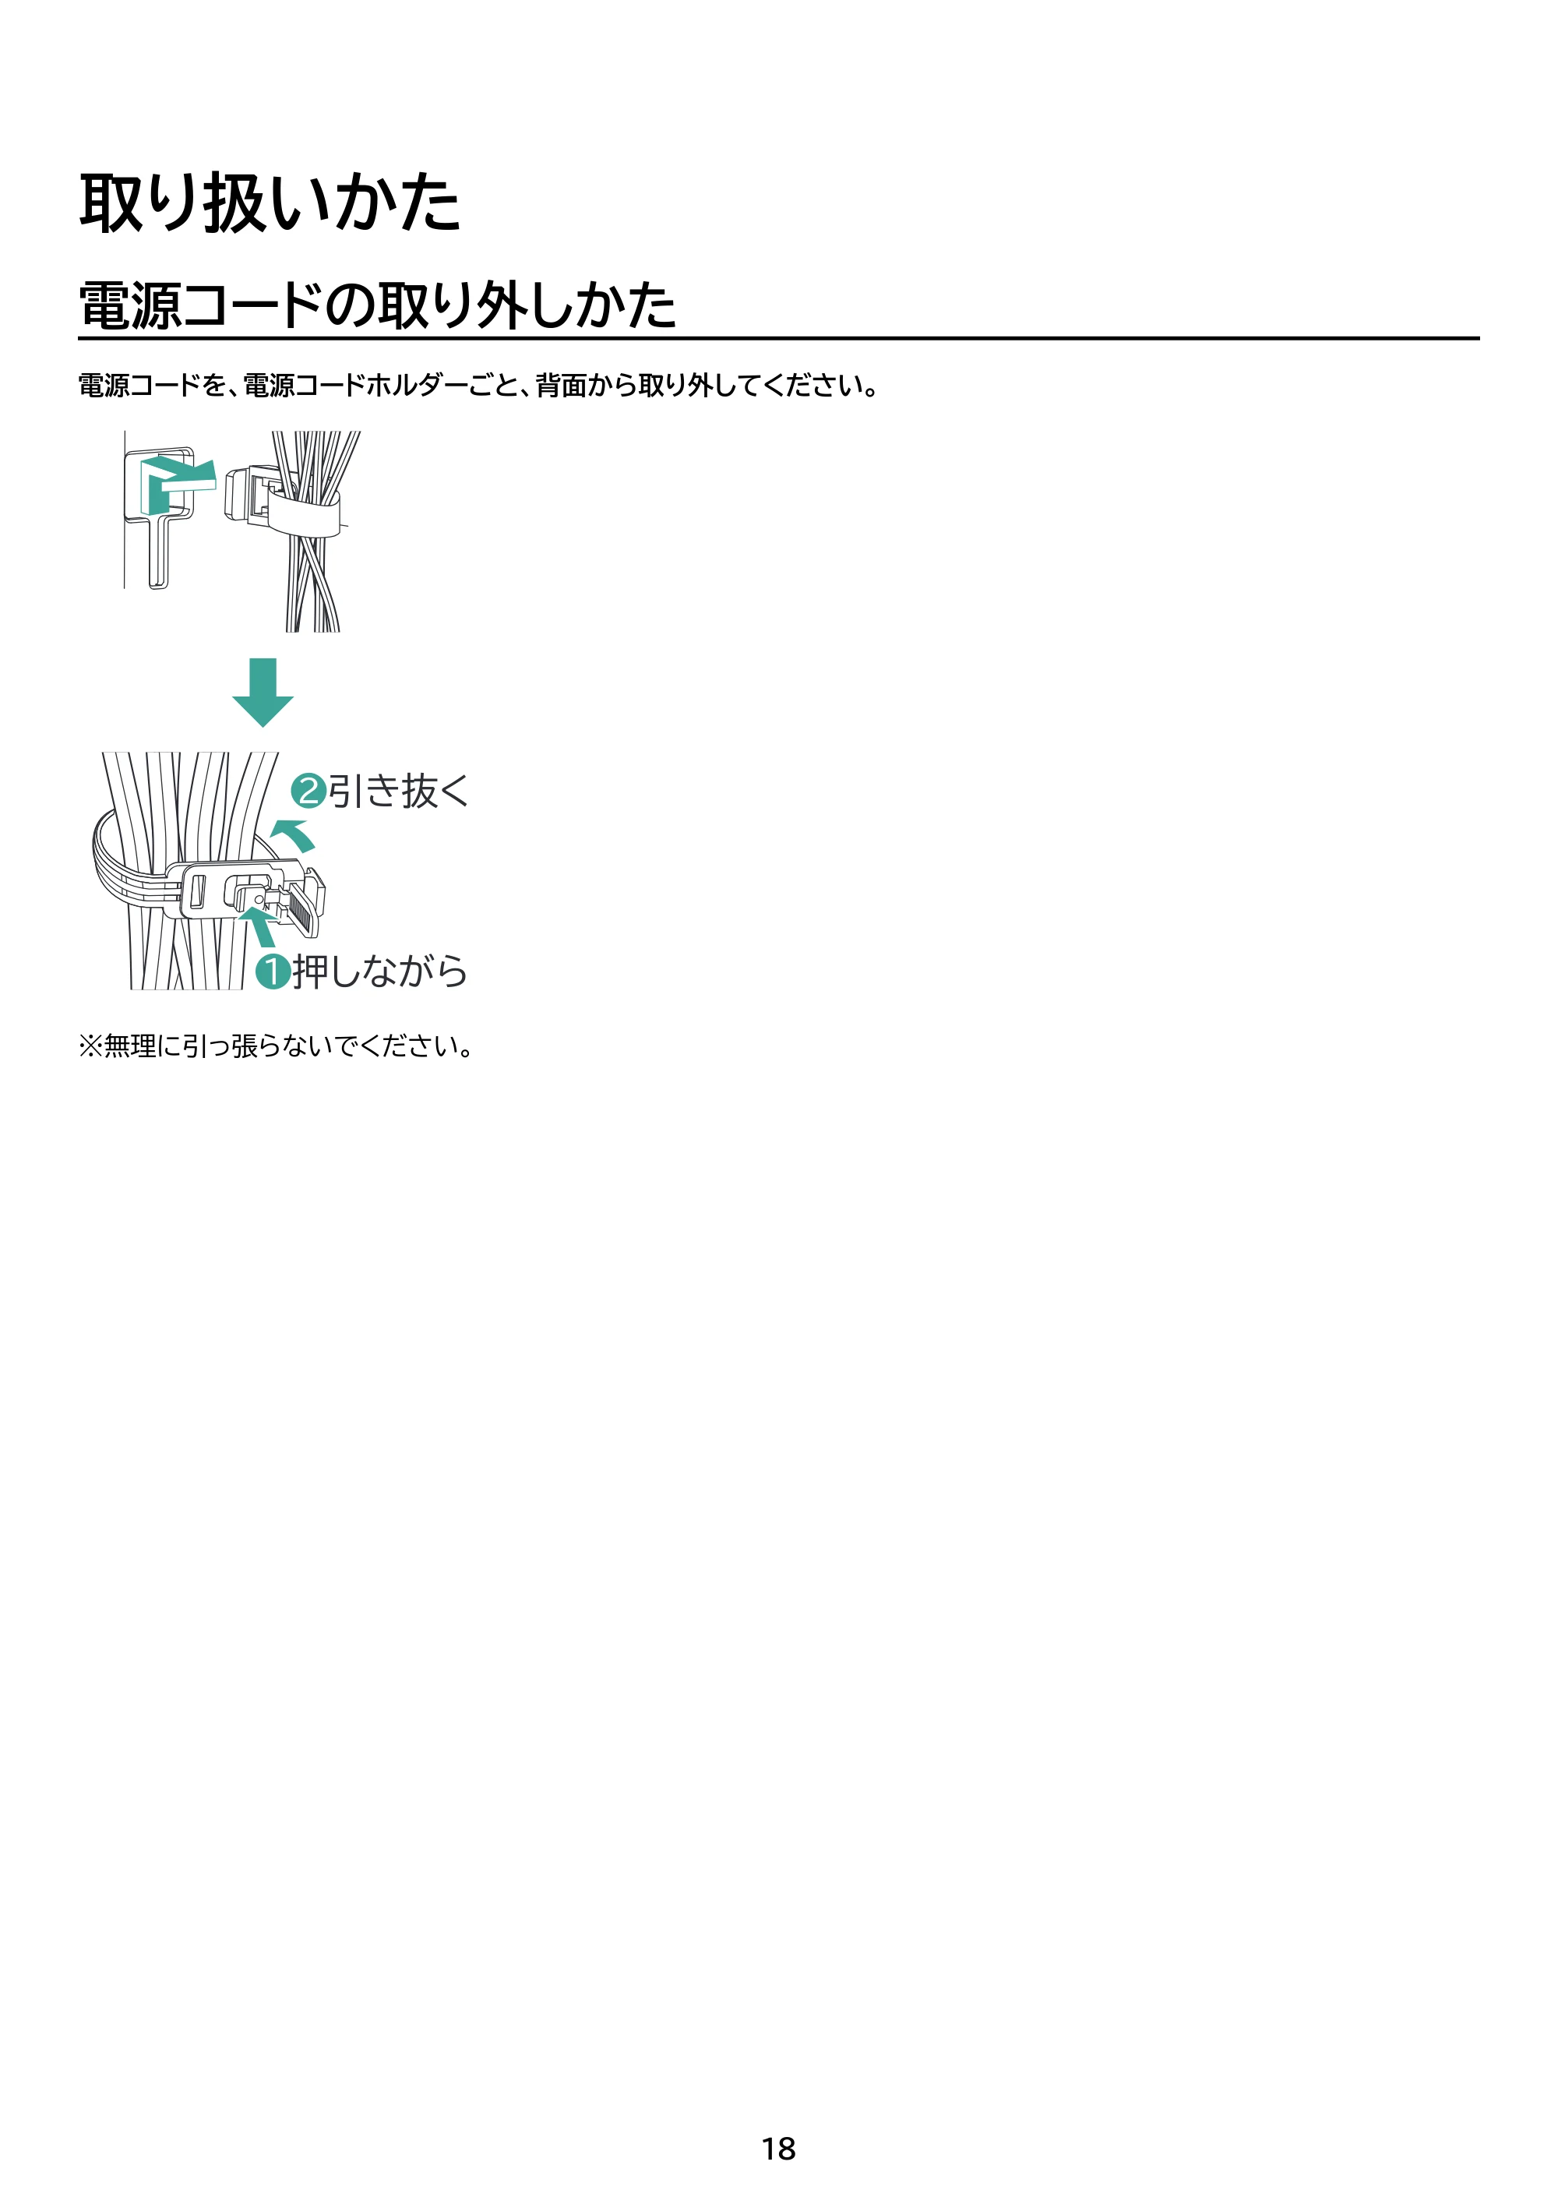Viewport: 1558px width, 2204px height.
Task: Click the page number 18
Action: click(778, 2149)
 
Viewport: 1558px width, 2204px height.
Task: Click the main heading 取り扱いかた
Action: click(270, 203)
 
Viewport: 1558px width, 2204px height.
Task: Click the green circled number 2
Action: click(308, 791)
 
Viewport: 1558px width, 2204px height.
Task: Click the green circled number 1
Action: click(273, 972)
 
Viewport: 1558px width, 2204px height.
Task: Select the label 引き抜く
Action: click(398, 791)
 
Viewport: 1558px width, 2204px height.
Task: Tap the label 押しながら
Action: click(380, 972)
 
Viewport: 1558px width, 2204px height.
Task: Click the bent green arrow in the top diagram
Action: click(176, 484)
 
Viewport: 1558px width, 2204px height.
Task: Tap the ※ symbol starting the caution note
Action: click(90, 1046)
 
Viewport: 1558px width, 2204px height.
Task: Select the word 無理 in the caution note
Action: click(129, 1046)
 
